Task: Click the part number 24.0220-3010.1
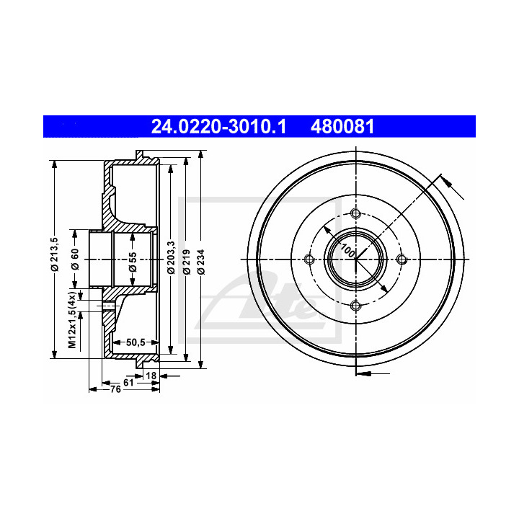coord(218,126)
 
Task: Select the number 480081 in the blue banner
coord(342,126)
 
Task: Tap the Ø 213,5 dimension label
coord(54,254)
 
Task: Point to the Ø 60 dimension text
coord(75,259)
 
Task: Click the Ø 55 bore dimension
coord(133,262)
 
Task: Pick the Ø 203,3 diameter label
coord(171,257)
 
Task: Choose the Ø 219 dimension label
coord(187,262)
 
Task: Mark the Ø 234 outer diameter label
coord(201,262)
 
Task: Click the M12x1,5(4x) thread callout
coord(73,319)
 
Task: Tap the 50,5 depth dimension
coord(136,342)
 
